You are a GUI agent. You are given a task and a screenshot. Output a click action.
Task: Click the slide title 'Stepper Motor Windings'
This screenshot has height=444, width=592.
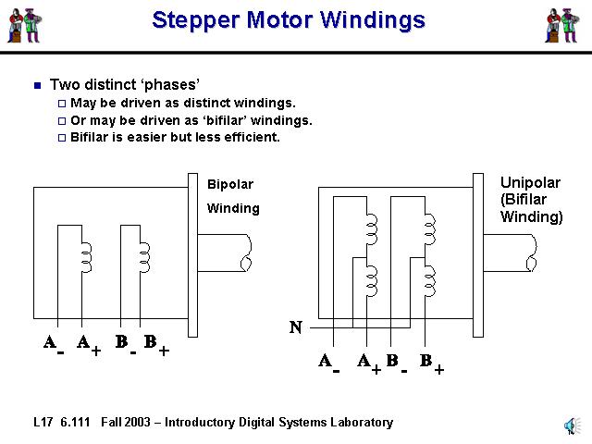pyautogui.click(x=289, y=20)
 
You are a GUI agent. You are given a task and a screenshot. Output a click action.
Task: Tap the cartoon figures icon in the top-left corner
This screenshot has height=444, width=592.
pyautogui.click(x=25, y=24)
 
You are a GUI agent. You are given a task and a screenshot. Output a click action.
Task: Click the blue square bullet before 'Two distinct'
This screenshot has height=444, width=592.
pyautogui.click(x=37, y=85)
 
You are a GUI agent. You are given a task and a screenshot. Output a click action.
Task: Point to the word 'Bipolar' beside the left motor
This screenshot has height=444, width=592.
pyautogui.click(x=229, y=184)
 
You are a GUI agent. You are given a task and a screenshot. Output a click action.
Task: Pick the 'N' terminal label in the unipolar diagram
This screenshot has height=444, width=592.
pyautogui.click(x=295, y=327)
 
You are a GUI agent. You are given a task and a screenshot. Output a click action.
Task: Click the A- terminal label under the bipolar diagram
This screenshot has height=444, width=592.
pyautogui.click(x=53, y=344)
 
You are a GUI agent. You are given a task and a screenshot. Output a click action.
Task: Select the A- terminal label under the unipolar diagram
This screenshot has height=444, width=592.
pyautogui.click(x=328, y=363)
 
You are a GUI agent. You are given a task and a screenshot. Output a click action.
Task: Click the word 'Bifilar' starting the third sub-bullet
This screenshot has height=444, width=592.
pyautogui.click(x=92, y=137)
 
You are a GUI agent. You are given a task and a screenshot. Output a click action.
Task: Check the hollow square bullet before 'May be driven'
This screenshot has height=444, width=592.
pyautogui.click(x=62, y=103)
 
